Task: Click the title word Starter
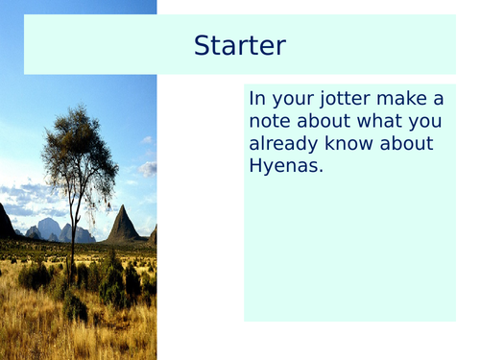click(239, 45)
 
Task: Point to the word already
click(288, 145)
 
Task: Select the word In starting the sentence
click(257, 99)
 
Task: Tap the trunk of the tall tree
click(71, 230)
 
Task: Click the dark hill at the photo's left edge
click(6, 224)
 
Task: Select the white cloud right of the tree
click(146, 169)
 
